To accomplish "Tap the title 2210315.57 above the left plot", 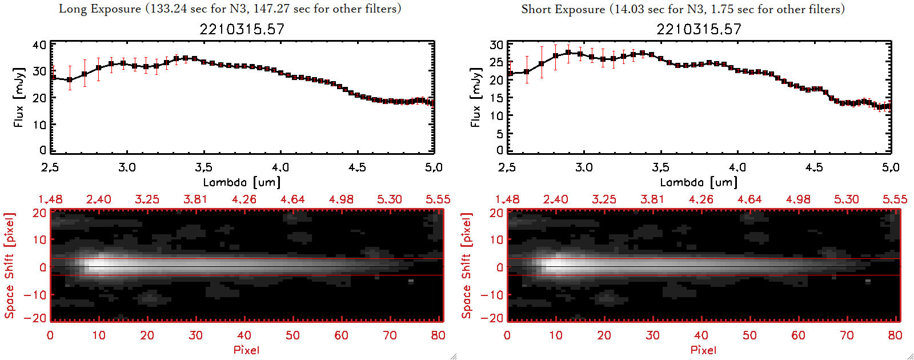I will tap(242, 29).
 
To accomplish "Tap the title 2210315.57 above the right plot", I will tap(699, 29).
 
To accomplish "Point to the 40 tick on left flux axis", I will tap(39, 45).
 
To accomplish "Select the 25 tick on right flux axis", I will tap(496, 62).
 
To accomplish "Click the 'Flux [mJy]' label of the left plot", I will tap(19, 97).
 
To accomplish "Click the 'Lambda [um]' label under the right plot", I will tap(699, 182).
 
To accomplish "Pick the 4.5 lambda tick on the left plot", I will tap(357, 167).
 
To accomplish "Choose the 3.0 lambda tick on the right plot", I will tap(584, 167).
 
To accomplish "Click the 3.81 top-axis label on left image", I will tap(195, 199).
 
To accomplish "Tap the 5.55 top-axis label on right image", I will tap(895, 199).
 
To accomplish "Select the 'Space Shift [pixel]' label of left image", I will tap(10, 266).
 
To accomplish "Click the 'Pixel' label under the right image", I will tap(703, 350).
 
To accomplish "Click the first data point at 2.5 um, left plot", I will tap(53, 78).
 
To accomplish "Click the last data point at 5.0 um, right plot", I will tap(888, 106).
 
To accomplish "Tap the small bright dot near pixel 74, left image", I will tap(411, 281).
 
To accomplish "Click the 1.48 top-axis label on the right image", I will tap(507, 199).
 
